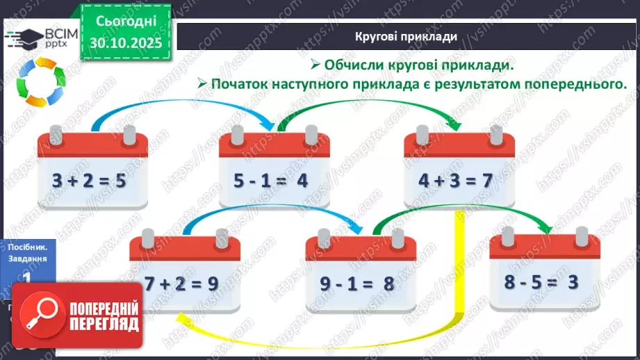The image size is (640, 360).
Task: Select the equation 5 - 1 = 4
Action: (x=270, y=181)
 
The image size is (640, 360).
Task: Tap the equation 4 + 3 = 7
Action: (x=455, y=181)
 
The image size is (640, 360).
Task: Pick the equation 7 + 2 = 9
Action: (x=181, y=284)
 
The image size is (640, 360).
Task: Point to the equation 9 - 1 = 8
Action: (x=359, y=284)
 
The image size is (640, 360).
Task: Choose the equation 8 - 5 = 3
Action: (x=542, y=284)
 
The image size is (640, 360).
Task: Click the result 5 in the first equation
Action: (x=120, y=181)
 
